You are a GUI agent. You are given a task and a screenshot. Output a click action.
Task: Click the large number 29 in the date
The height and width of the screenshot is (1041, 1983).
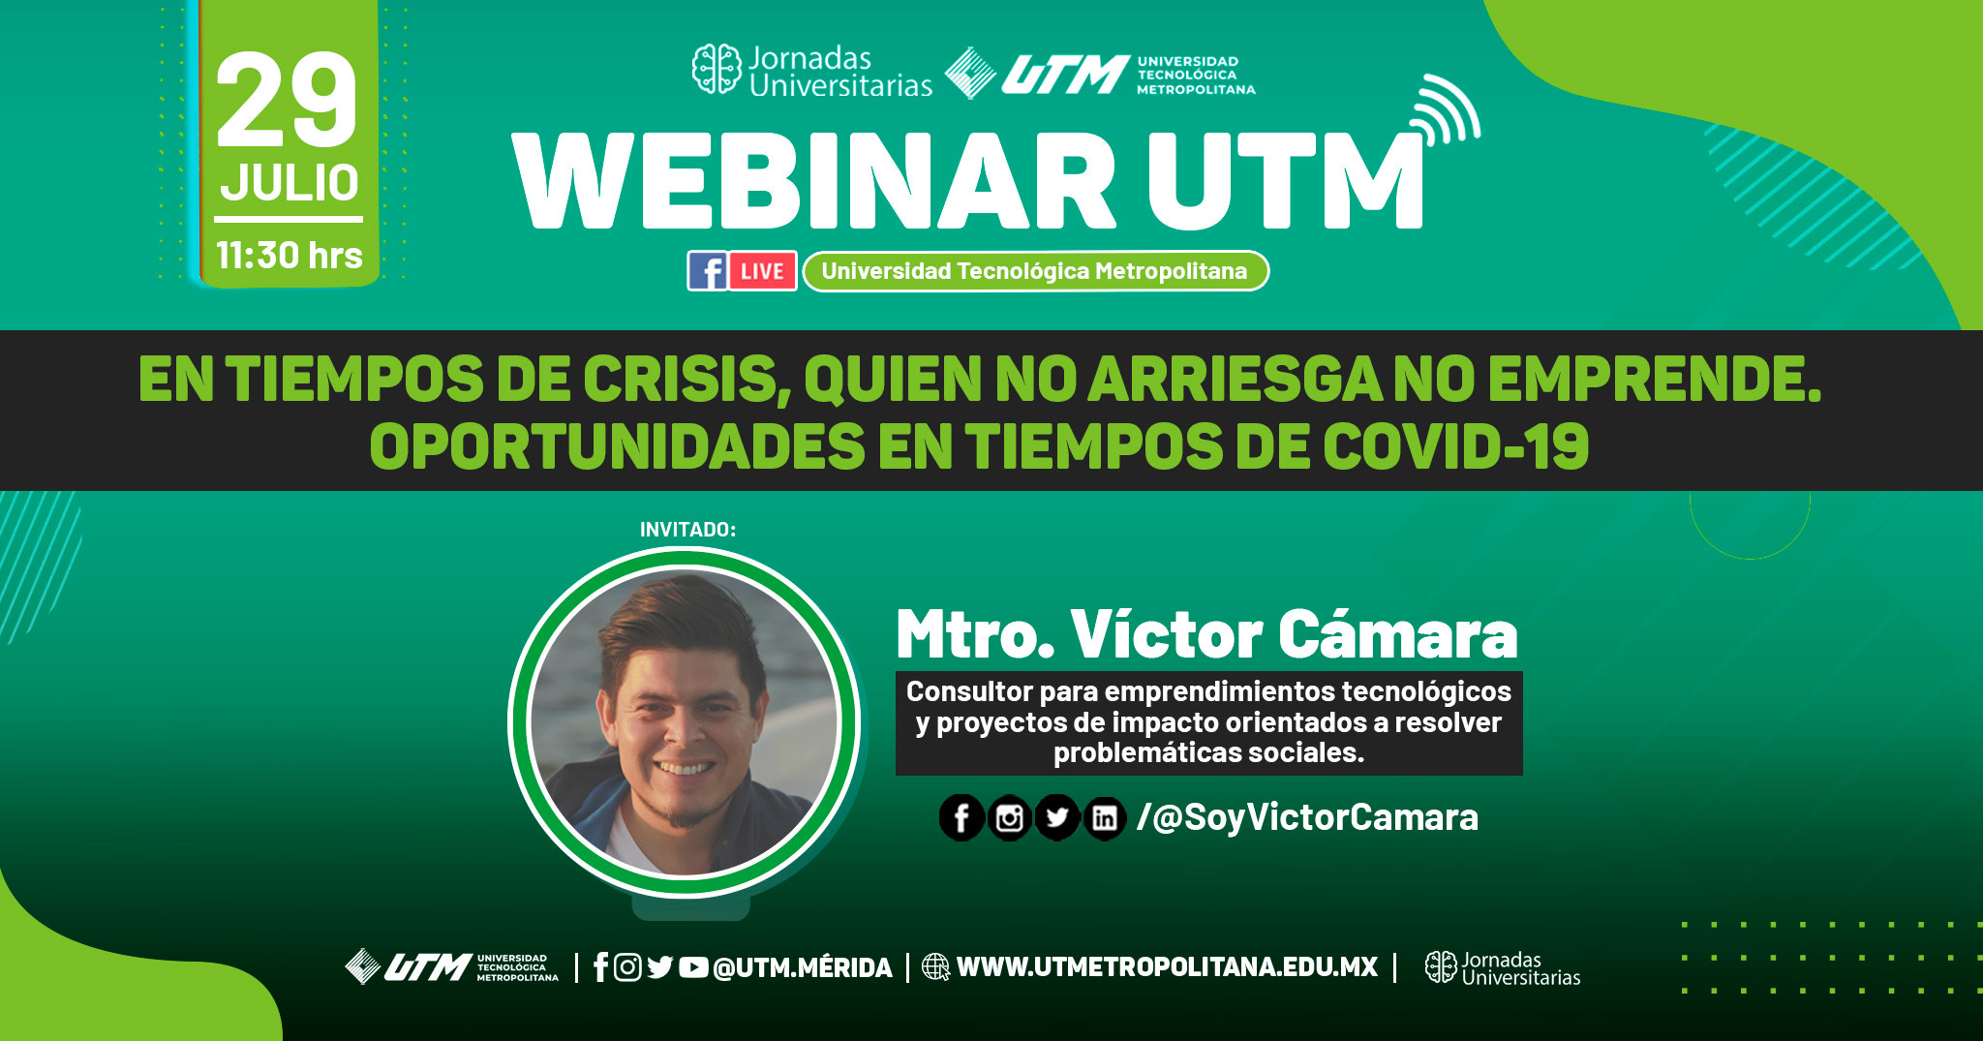tap(287, 101)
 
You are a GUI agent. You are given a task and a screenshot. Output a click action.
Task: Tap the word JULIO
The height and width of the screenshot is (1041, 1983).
tap(290, 182)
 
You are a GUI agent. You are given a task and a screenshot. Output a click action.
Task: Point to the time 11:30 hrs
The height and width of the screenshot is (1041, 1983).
tap(289, 256)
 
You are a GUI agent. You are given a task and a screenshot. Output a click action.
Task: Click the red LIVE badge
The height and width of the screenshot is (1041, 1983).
tap(762, 271)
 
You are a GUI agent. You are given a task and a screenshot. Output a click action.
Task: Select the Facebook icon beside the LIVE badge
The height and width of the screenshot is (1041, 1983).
tap(708, 271)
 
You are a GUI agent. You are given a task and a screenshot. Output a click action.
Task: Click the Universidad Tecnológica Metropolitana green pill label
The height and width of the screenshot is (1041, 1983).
tap(1034, 271)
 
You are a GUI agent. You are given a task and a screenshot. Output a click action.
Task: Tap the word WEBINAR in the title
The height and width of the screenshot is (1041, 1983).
tap(813, 182)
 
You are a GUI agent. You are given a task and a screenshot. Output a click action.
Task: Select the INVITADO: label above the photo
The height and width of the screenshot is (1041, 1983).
tap(687, 530)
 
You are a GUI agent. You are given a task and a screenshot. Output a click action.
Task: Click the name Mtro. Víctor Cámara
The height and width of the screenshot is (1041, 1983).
tap(1206, 635)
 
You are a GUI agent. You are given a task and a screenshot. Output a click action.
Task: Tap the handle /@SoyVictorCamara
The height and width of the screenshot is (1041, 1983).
tap(1307, 817)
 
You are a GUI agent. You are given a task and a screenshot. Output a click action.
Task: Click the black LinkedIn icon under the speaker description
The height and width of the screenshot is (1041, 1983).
tap(1104, 818)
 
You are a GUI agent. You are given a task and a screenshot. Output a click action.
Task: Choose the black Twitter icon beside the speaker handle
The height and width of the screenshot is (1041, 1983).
tap(1056, 818)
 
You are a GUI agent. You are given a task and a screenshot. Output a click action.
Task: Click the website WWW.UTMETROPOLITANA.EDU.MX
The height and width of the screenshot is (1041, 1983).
tap(1167, 967)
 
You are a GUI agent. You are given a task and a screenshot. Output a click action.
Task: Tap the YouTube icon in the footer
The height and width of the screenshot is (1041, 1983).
tap(692, 967)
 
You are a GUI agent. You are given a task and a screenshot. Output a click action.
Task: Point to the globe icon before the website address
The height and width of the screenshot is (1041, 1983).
tap(935, 967)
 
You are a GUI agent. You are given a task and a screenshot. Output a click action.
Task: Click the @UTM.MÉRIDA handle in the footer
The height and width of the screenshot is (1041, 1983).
tap(803, 967)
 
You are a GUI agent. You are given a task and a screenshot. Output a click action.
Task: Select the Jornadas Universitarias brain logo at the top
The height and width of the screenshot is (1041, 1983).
tap(717, 70)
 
